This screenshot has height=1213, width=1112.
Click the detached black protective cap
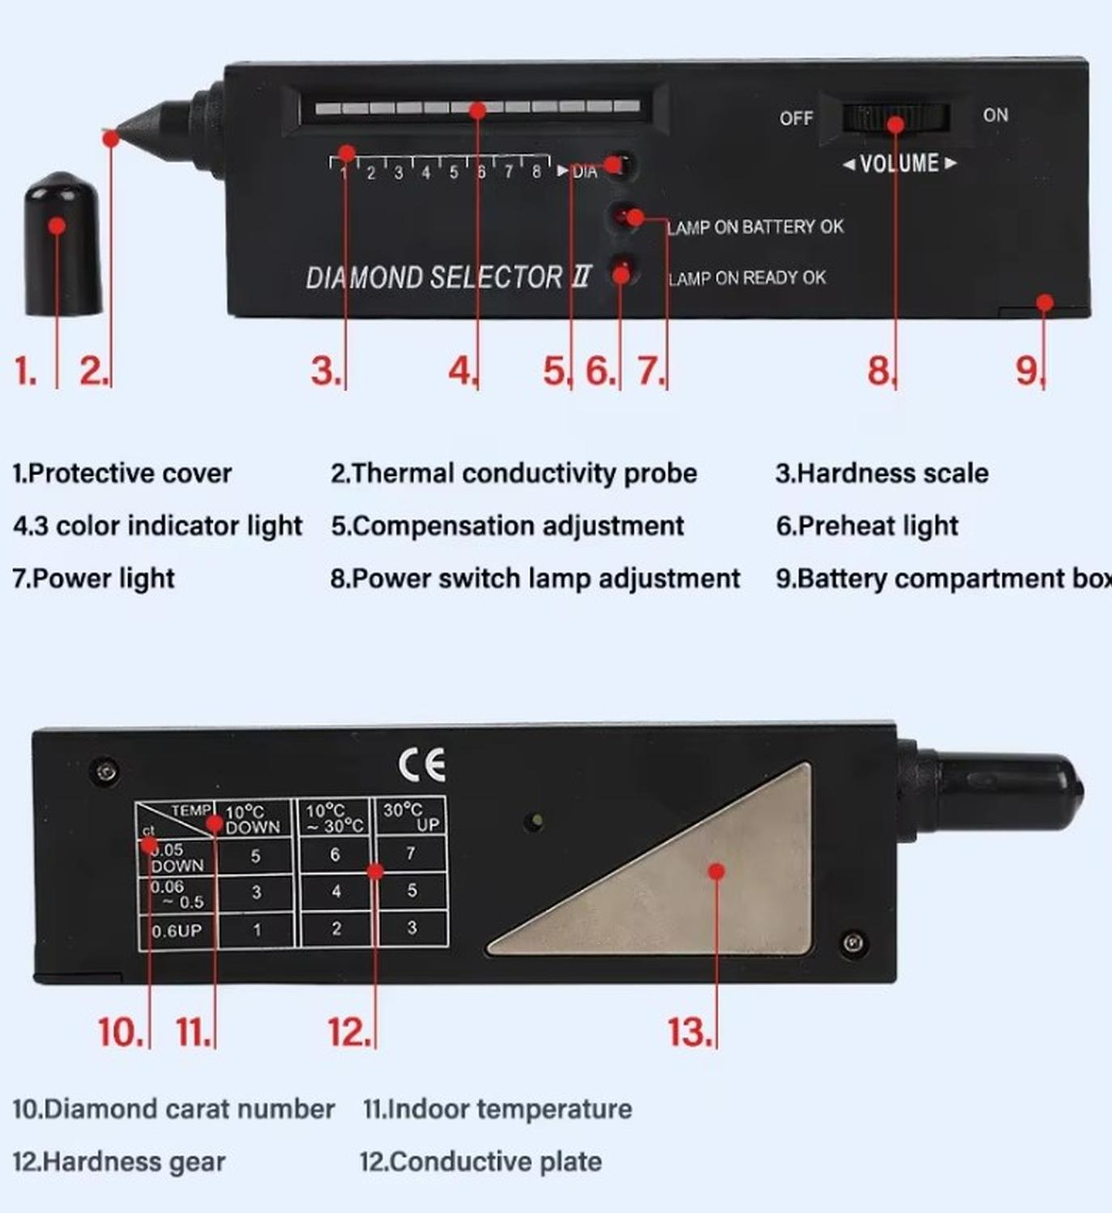(x=62, y=246)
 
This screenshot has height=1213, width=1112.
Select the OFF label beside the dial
(x=795, y=118)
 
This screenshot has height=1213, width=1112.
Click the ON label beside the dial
(x=995, y=115)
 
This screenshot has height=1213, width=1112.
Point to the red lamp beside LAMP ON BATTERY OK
(x=624, y=217)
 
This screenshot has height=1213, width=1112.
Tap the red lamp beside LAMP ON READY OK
(x=622, y=272)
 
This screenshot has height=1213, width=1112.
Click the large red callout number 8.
(x=879, y=371)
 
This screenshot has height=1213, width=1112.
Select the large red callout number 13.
(x=687, y=1033)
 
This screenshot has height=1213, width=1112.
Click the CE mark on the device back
(x=422, y=764)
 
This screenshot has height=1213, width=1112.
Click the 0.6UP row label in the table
(x=177, y=931)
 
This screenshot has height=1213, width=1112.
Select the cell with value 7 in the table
(x=411, y=853)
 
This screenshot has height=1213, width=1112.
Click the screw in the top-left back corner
(x=105, y=770)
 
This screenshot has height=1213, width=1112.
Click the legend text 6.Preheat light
(x=866, y=526)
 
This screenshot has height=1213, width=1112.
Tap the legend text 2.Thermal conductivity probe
(x=514, y=474)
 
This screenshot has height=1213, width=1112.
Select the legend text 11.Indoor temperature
(x=497, y=1109)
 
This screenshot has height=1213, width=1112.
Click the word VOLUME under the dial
(x=899, y=164)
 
